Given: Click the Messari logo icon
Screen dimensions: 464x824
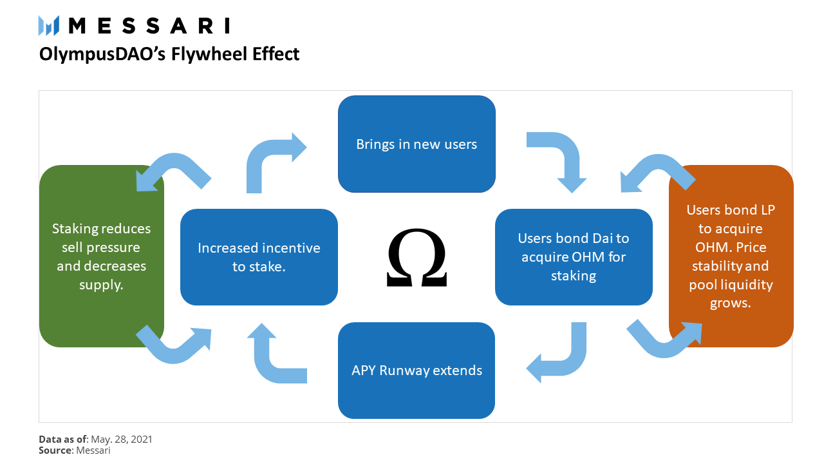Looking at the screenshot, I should [49, 26].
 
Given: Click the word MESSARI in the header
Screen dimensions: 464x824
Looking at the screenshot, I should [149, 26].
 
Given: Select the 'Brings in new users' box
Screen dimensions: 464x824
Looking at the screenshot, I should [417, 144].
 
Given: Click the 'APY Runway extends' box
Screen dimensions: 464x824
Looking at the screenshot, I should [417, 371].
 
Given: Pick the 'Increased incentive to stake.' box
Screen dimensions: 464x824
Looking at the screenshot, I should [259, 256].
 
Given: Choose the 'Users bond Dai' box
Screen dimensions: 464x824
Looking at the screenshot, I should [574, 256].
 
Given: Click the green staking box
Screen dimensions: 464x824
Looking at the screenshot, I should [102, 256].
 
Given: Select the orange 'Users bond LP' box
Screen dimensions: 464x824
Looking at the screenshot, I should [731, 256].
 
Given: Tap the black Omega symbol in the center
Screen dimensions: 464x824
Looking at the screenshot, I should [417, 258].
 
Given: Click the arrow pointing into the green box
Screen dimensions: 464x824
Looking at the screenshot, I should [171, 171].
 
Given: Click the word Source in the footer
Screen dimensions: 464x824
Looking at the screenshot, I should [55, 450].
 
